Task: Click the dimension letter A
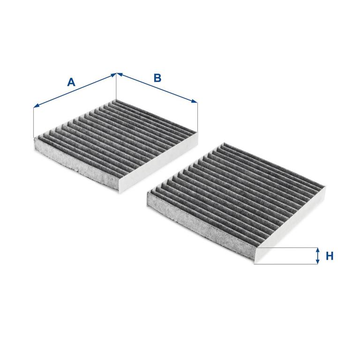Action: pos(71,82)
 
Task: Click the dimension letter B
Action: pos(157,78)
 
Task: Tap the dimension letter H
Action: pos(330,256)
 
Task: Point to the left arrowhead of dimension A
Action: pos(36,105)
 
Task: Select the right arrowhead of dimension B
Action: pos(195,101)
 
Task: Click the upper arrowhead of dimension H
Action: pos(317,250)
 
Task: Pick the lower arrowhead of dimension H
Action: pos(317,262)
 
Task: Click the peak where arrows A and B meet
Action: pos(116,73)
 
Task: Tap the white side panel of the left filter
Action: pos(158,161)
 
